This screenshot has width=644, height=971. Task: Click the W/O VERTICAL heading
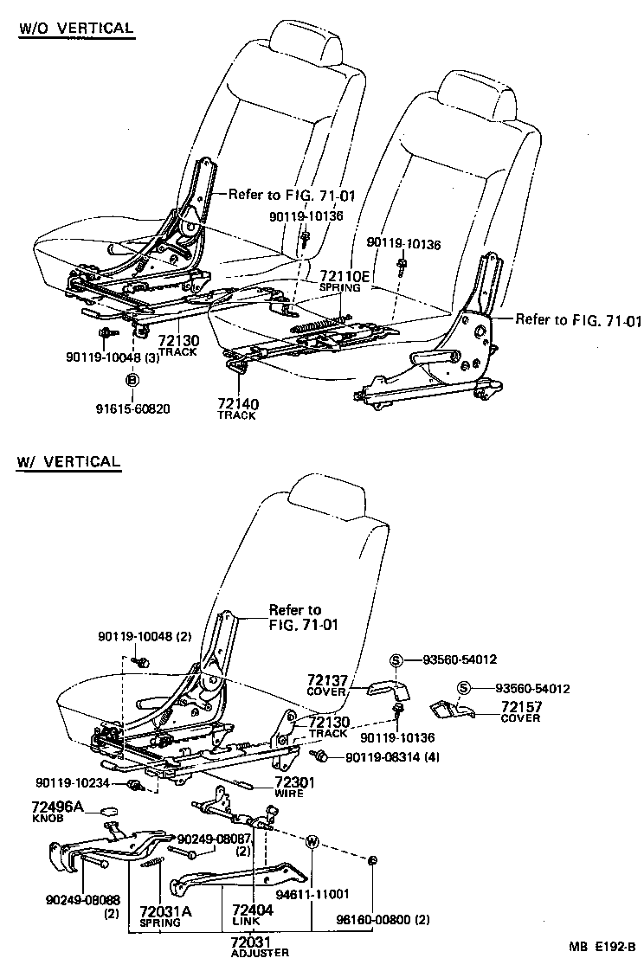(x=76, y=28)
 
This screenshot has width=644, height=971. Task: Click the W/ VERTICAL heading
(x=68, y=461)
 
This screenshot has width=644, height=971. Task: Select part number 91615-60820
(x=132, y=409)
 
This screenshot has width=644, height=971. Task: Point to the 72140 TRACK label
(x=236, y=408)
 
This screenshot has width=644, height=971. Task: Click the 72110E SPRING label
(x=345, y=280)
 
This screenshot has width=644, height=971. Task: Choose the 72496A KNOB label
(x=57, y=811)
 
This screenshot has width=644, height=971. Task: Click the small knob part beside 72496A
(x=109, y=812)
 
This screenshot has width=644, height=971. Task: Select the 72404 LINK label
(x=253, y=916)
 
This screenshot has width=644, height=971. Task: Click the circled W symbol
(x=312, y=840)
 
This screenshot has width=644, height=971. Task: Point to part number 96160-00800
(x=383, y=917)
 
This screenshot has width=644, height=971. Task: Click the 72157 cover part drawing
(x=452, y=711)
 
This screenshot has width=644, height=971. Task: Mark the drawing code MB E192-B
(x=599, y=947)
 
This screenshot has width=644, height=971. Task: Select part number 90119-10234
(x=73, y=783)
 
